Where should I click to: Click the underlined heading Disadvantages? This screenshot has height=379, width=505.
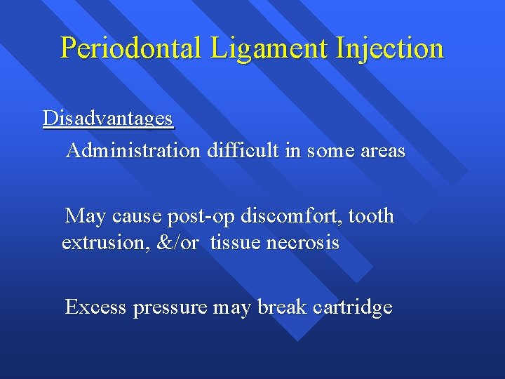coord(107,119)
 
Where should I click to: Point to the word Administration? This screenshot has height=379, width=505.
coord(133,151)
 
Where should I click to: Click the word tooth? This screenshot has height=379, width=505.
coord(373,216)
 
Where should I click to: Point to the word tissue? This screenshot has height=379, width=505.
coord(232,244)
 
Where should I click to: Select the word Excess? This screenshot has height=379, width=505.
coord(95,307)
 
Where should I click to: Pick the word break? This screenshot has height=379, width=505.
coord(282,307)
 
